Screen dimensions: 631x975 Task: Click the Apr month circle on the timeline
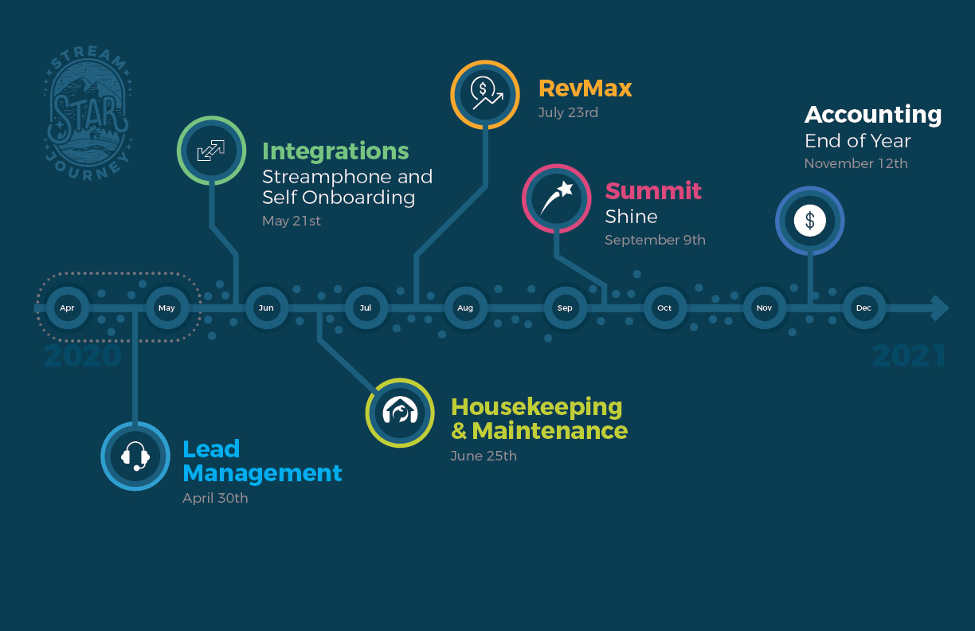[67, 308]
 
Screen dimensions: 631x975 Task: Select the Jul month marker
[366, 308]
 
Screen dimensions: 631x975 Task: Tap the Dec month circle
[863, 308]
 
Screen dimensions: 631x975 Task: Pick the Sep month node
[565, 308]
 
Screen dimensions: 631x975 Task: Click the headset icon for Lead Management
[135, 456]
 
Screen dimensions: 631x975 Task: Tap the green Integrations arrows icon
[210, 151]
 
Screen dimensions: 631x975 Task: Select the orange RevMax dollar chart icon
[485, 94]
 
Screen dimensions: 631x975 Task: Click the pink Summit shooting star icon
[556, 198]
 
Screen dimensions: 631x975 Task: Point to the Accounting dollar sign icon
[809, 221]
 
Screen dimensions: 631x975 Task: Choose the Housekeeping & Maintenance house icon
[400, 412]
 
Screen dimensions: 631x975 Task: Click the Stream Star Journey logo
[88, 116]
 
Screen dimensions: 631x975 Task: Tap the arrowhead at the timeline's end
[940, 308]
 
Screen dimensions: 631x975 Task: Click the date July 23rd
[568, 112]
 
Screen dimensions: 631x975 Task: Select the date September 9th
[655, 240]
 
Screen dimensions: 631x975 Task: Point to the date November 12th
[856, 163]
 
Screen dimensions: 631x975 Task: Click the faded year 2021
[909, 356]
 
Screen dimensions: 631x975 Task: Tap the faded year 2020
[83, 356]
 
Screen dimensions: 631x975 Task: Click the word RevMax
[585, 88]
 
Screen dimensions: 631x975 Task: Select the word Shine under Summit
[631, 217]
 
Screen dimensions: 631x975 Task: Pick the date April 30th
[215, 498]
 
